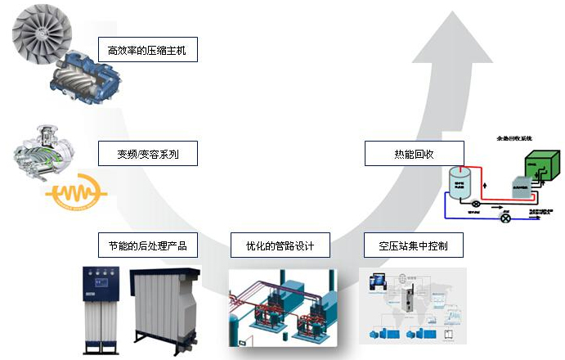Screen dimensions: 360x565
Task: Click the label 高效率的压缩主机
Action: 147,51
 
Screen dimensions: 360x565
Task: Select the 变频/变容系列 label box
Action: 147,153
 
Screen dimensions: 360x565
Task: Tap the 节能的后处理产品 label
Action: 147,245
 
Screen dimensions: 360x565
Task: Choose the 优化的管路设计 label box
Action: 280,245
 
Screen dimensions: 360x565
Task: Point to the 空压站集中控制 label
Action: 414,245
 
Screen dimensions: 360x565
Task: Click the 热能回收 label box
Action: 414,153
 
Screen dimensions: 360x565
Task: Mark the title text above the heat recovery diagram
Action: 514,139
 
